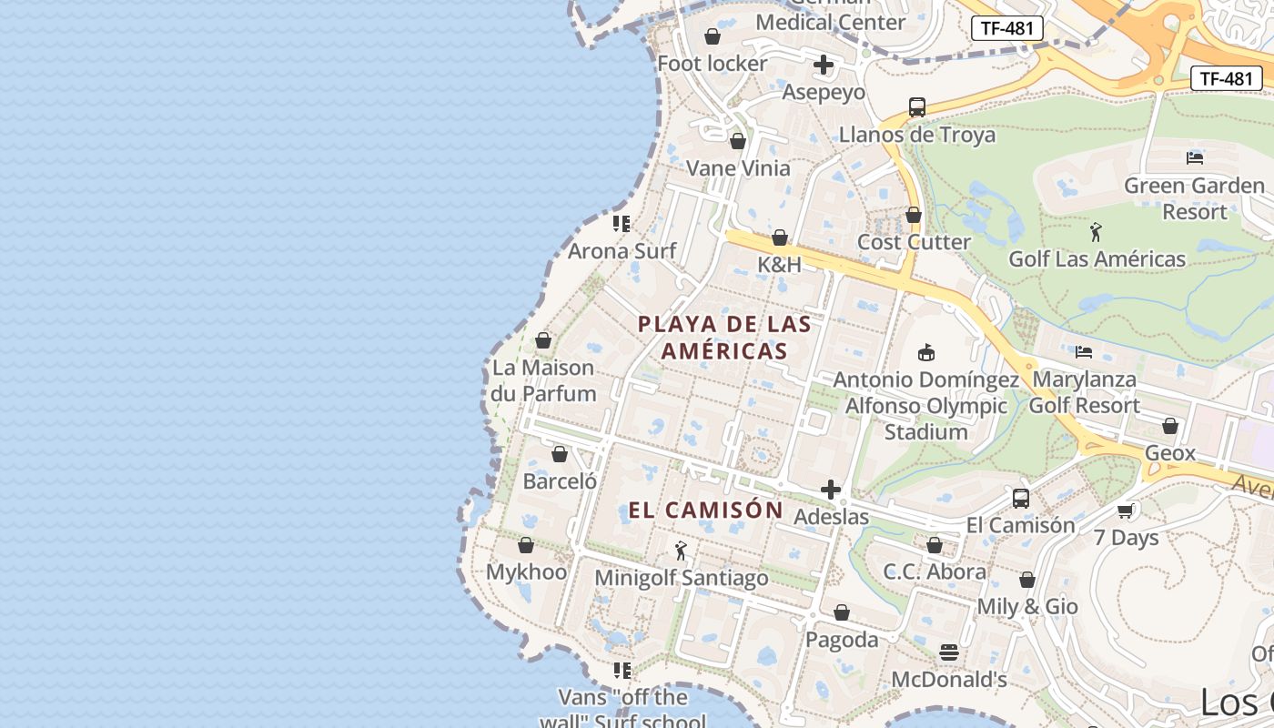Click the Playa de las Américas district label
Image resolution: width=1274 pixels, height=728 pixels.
724,337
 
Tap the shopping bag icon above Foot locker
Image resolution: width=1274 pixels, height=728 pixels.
713,36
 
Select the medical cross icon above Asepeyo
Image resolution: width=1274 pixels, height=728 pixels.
824,65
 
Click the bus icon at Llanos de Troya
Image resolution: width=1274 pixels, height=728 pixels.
916,106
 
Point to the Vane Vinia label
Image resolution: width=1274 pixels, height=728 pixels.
738,168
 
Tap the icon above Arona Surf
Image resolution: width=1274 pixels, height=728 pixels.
622,223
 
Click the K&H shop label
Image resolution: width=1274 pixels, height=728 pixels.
780,265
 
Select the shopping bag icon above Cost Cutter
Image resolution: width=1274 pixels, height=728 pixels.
914,215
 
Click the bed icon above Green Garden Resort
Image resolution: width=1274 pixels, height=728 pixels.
1195,157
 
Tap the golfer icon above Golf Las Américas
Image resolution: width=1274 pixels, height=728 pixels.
1096,231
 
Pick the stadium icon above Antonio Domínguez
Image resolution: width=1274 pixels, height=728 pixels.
926,352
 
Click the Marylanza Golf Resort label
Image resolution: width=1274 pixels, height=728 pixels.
1084,392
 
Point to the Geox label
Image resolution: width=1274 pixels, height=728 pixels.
1170,452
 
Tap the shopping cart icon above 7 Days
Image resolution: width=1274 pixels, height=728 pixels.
1126,511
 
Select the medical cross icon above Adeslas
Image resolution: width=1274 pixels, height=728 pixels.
831,490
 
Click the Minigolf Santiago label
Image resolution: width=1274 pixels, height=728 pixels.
681,578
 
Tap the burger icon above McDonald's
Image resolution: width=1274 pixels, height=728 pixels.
949,652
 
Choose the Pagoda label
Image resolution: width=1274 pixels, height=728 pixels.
842,640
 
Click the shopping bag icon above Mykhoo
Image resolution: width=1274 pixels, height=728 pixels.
525,545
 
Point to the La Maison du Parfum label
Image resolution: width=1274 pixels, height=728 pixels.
543,380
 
